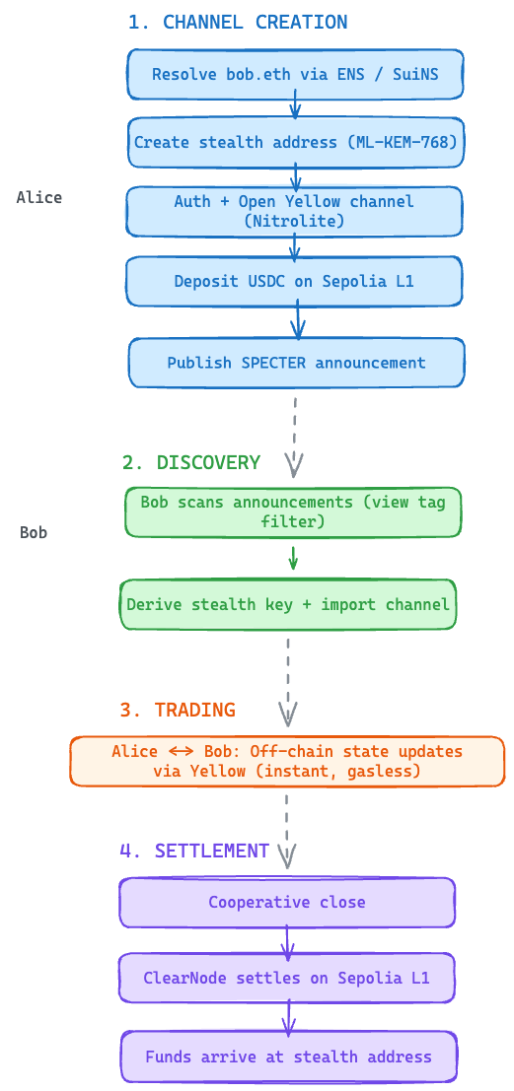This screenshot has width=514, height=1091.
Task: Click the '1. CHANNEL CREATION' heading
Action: [237, 22]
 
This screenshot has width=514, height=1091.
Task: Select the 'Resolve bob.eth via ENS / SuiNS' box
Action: [294, 75]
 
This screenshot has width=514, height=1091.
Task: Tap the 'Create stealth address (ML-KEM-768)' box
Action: [294, 142]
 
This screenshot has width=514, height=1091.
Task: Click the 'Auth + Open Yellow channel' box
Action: [294, 211]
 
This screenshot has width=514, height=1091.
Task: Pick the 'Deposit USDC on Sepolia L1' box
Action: [294, 281]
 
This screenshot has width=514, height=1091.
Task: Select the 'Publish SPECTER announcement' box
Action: [296, 363]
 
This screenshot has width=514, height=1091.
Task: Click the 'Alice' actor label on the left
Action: [39, 197]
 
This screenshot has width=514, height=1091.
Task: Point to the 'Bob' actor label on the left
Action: [34, 532]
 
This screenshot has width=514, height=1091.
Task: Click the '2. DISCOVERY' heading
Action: [191, 462]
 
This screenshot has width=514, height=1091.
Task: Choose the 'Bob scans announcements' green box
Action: [293, 511]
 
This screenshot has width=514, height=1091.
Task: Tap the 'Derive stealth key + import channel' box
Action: [288, 604]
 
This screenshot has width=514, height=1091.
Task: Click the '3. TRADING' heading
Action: [178, 710]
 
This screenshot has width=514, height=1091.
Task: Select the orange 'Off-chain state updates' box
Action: [287, 761]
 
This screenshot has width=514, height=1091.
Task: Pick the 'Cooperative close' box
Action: [287, 902]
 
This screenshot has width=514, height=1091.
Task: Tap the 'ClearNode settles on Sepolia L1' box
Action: [287, 979]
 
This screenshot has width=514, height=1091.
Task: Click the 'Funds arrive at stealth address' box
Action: [288, 1057]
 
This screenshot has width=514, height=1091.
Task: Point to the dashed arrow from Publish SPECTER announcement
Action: [294, 429]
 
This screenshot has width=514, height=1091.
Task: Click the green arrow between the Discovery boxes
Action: [293, 558]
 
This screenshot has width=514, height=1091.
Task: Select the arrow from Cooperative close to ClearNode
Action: [287, 941]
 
